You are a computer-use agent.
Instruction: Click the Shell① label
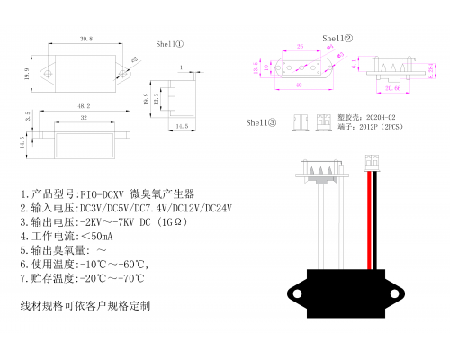170,43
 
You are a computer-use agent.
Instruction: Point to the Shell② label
337,39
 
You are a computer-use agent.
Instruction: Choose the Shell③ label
260,121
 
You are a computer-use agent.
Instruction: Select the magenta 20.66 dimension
393,90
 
